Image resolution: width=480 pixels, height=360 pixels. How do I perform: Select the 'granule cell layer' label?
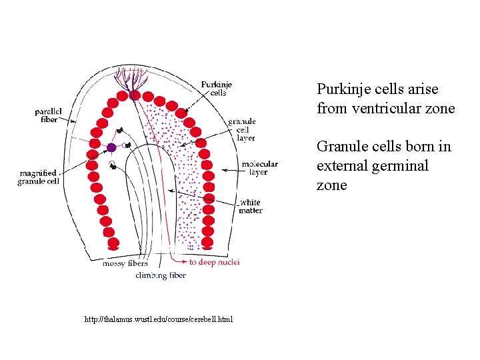point(241,129)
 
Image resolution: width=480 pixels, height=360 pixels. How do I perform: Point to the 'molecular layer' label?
point(259,167)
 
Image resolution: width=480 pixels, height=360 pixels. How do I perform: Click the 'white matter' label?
point(251,207)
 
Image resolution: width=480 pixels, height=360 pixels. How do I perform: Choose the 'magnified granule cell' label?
point(39,177)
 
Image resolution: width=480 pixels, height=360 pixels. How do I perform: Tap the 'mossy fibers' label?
point(125,263)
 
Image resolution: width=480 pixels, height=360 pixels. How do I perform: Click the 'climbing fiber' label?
point(161,275)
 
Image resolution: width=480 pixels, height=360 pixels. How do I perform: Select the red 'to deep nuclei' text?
point(214,262)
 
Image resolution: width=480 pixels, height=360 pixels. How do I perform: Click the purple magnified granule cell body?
point(111,147)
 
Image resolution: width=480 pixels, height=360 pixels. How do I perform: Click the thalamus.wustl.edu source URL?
point(159,320)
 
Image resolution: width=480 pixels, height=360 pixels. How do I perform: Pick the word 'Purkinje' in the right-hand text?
point(345,89)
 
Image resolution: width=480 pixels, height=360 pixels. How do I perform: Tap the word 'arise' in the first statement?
point(423,89)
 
